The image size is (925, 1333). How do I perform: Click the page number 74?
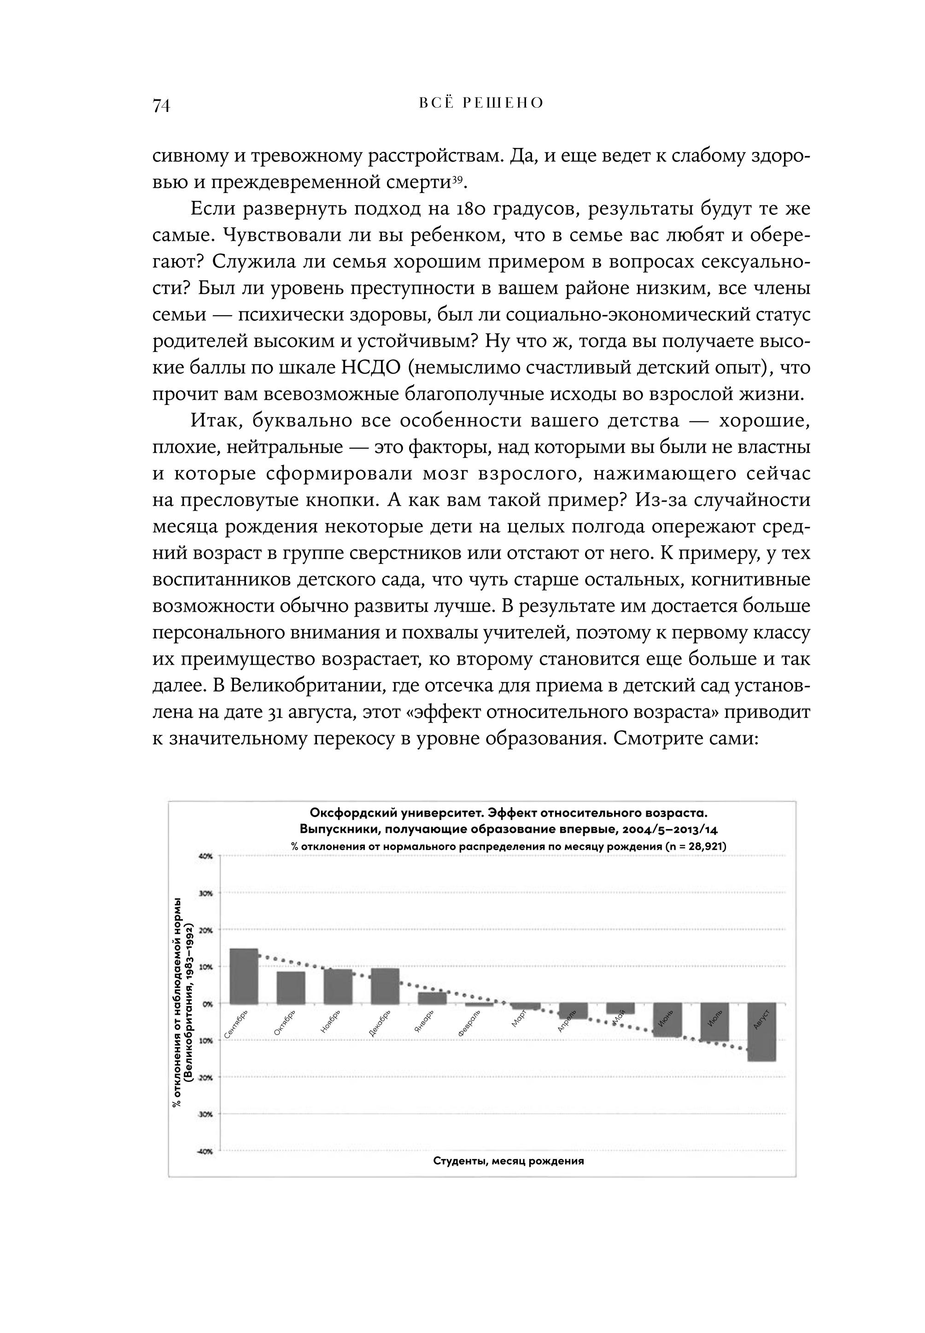coord(161,105)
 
